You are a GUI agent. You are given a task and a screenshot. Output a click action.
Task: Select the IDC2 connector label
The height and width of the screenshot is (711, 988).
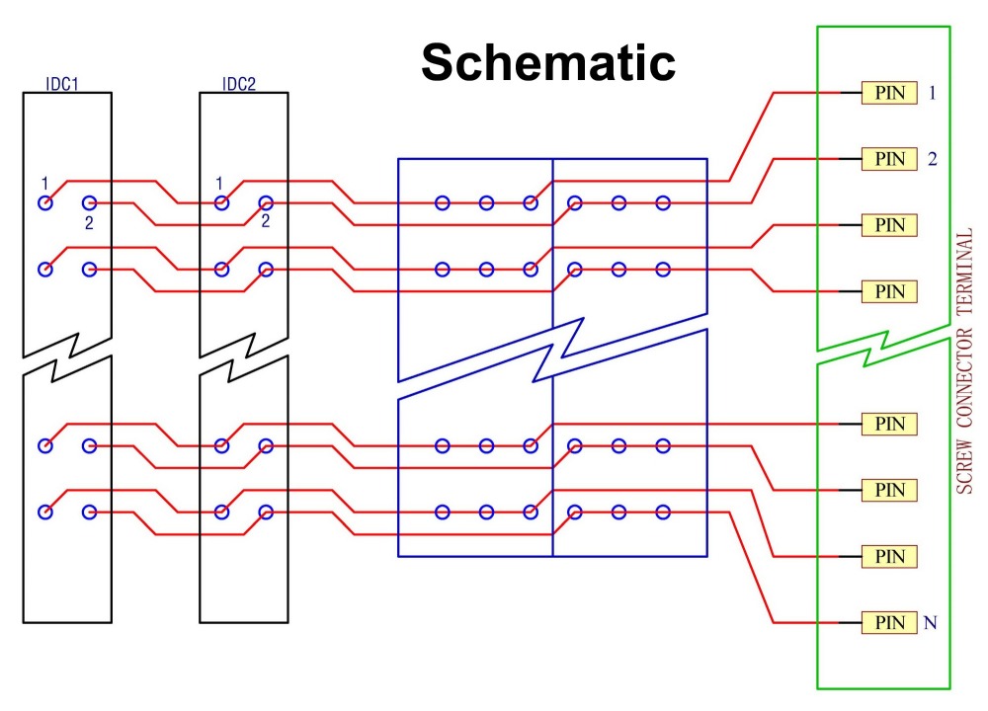coord(238,84)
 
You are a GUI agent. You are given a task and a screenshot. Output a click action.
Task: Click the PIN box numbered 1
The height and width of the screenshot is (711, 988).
coord(889,93)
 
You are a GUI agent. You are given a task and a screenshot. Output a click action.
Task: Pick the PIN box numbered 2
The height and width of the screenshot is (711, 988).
coord(889,158)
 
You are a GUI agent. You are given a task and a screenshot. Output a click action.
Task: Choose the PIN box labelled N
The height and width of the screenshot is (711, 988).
coord(889,623)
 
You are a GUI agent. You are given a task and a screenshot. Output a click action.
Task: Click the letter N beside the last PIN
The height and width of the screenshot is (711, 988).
coord(931,623)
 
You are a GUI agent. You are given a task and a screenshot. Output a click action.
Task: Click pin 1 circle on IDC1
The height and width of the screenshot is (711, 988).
coord(44,203)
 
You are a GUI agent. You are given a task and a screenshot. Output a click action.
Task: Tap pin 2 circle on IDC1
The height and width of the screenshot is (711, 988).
coord(89,203)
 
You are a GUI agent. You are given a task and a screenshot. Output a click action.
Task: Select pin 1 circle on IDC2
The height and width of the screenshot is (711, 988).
coord(221,203)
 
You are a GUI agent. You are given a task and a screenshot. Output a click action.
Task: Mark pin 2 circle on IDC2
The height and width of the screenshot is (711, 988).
coord(265,203)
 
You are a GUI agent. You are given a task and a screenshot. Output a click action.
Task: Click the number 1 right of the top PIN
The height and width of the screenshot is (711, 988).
coord(932,93)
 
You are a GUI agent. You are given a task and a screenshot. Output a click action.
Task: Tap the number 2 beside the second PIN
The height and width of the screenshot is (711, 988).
coord(932,158)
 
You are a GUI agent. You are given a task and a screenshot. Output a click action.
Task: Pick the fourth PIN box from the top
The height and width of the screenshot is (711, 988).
coord(889,291)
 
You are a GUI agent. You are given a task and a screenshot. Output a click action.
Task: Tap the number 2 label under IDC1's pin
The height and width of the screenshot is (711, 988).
coord(89,223)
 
